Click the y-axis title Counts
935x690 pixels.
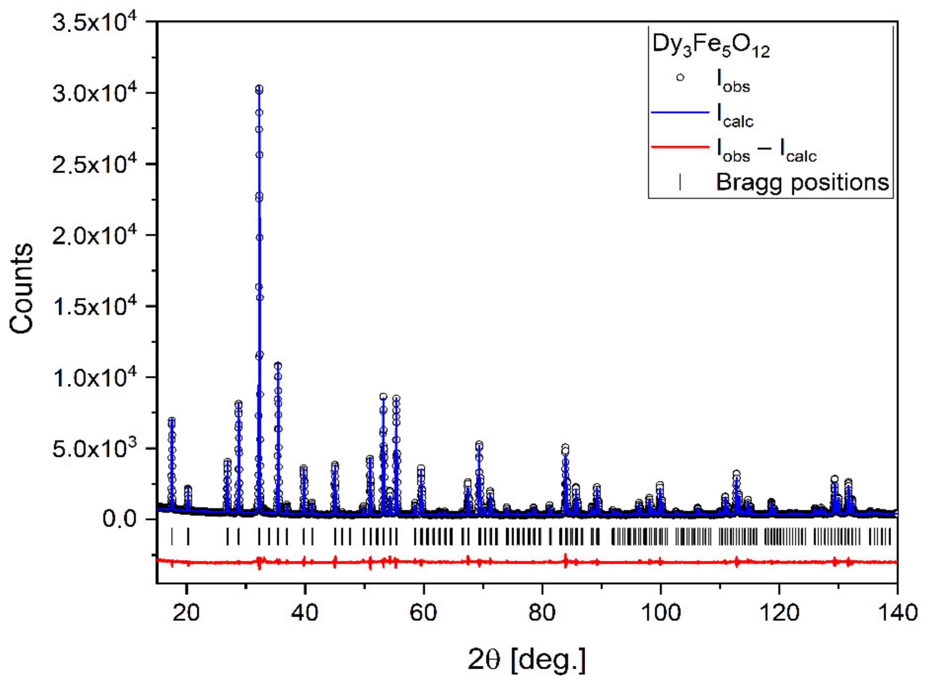pos(22,288)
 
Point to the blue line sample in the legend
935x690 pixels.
pos(680,112)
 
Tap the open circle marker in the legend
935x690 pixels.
pos(680,77)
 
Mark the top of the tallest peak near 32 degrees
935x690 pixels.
pos(259,88)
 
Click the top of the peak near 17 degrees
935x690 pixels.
pos(171,420)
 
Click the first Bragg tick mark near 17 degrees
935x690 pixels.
pos(171,537)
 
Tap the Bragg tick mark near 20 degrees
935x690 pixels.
pos(188,537)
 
